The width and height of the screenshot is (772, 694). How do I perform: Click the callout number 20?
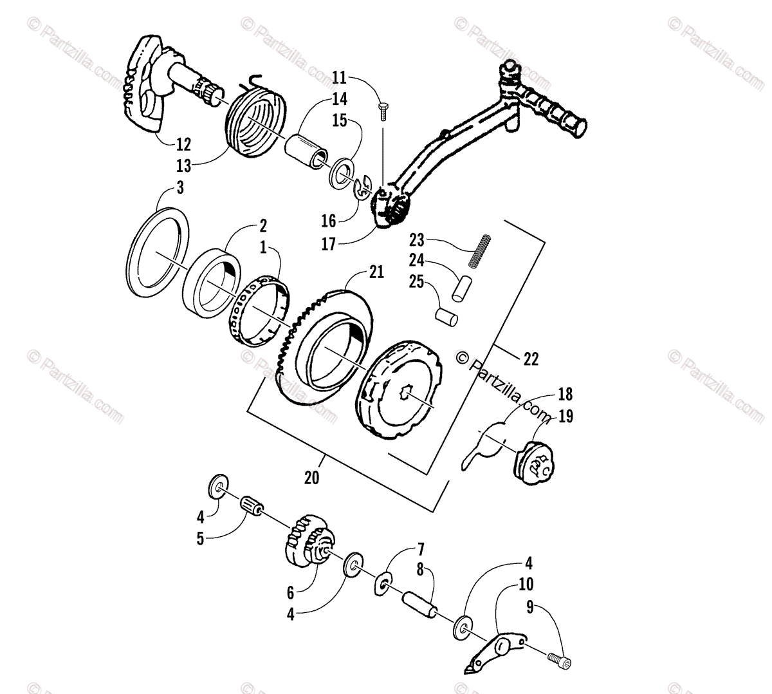point(311,478)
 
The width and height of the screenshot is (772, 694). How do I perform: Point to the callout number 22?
point(531,359)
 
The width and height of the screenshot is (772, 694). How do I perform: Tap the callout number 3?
point(181,188)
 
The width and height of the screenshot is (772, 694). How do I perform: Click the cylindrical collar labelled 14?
point(306,152)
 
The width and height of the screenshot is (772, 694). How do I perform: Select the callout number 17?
point(329,245)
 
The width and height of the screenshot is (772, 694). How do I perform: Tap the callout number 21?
point(376,272)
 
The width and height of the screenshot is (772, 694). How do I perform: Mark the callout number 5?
point(200,538)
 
